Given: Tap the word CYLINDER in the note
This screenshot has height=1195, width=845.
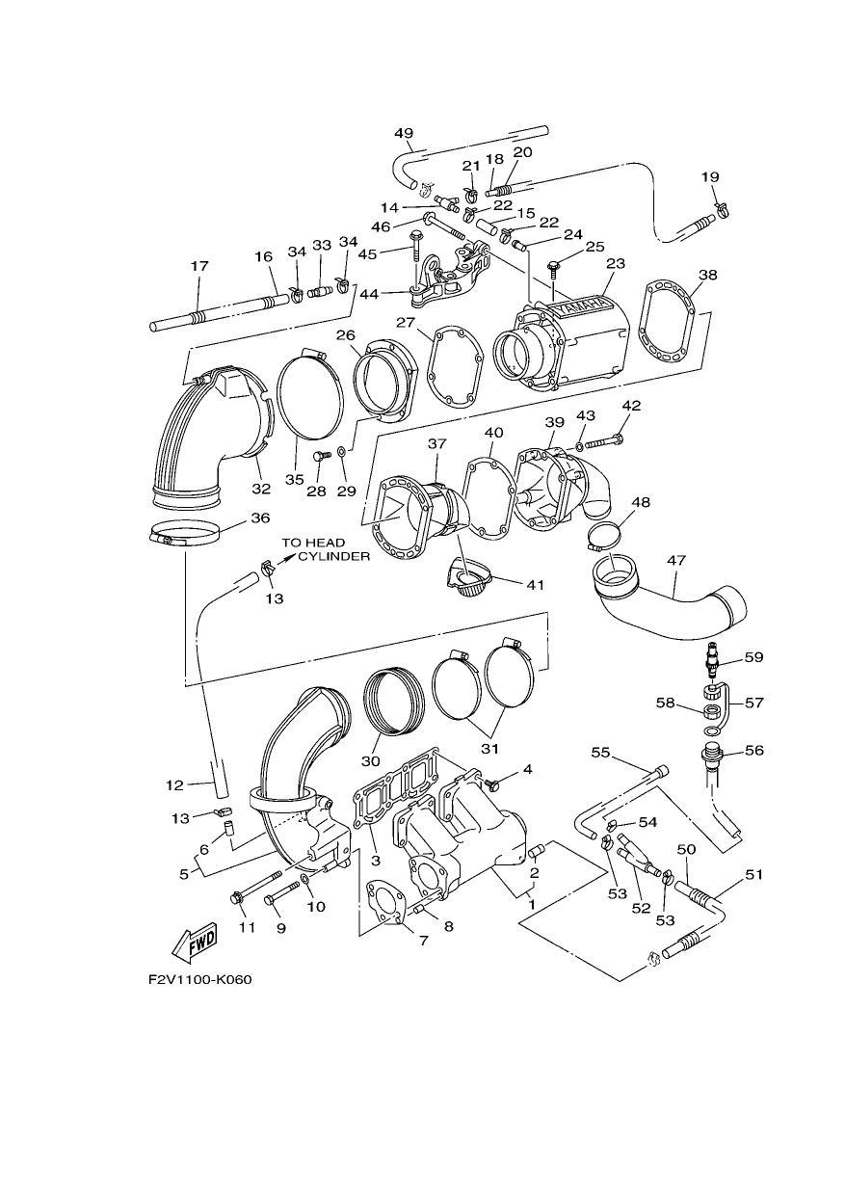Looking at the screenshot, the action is pos(334,556).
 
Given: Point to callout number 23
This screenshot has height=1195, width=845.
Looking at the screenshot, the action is pos(615,263).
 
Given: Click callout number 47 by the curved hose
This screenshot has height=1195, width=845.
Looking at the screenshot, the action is pos(675,560).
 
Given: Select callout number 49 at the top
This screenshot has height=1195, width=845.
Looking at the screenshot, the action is pos(404,133).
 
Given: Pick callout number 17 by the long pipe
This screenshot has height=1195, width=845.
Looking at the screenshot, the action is pos(199,266).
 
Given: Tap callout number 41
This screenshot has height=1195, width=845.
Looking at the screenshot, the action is pos(535,585).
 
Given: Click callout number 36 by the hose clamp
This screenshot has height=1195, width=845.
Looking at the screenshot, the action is pos(260,518).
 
